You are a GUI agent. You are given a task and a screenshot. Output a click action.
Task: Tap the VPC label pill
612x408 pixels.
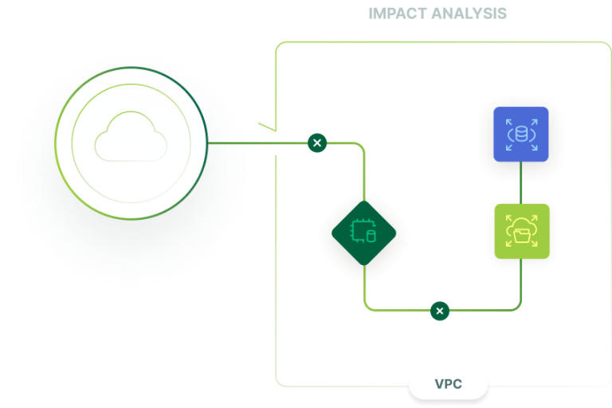(449, 384)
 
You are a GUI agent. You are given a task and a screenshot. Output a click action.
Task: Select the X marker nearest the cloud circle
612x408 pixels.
(317, 143)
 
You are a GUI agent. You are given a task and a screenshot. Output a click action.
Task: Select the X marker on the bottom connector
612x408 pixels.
(440, 310)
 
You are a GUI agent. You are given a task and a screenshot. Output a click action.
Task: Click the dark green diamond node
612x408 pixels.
(364, 232)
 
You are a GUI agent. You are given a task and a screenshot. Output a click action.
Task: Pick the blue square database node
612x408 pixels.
(521, 134)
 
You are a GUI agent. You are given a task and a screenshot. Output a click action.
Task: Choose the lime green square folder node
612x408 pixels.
(521, 232)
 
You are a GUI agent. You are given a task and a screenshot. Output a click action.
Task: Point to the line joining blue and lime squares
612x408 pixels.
(521, 182)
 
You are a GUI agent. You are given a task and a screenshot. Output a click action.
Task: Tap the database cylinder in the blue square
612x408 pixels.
(521, 134)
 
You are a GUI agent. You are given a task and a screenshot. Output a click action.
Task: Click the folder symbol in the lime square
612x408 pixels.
(521, 233)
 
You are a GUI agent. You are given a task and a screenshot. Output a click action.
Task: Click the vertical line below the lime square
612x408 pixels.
(521, 283)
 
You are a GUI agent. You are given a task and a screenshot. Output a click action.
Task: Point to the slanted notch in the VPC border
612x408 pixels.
(267, 127)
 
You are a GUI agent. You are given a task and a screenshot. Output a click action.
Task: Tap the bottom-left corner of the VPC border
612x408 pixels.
(279, 380)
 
